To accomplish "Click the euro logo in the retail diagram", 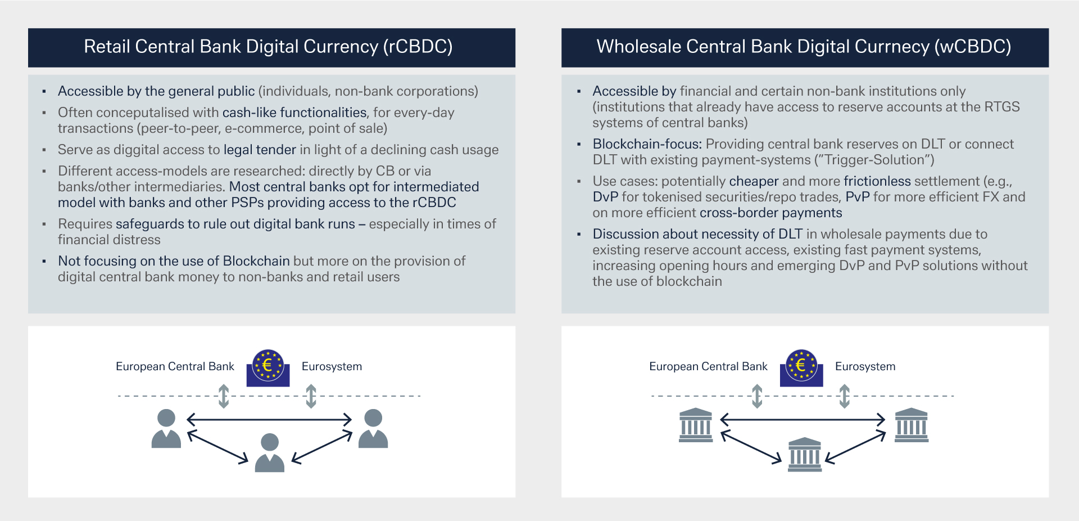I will pos(268,367).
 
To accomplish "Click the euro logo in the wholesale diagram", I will pos(801,367).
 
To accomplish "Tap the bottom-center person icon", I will pos(270,452).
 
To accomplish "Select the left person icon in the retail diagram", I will pos(166,429).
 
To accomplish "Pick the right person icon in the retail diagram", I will pos(373,429).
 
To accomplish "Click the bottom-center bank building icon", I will pos(805,454).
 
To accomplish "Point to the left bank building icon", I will pos(696,425).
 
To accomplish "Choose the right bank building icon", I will pos(911,425).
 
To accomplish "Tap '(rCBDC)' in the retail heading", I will pos(418,47).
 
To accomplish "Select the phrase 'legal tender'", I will pos(260,150).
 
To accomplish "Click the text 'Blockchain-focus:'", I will pos(647,144).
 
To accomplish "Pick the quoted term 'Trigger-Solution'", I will pos(874,160).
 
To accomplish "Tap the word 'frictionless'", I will pos(877,181).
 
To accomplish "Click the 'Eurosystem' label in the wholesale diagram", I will pos(865,366).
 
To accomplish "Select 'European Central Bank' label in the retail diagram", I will pos(175,366).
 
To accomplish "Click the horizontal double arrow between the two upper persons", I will pos(269,419).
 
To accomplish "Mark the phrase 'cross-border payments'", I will pos(770,213).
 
